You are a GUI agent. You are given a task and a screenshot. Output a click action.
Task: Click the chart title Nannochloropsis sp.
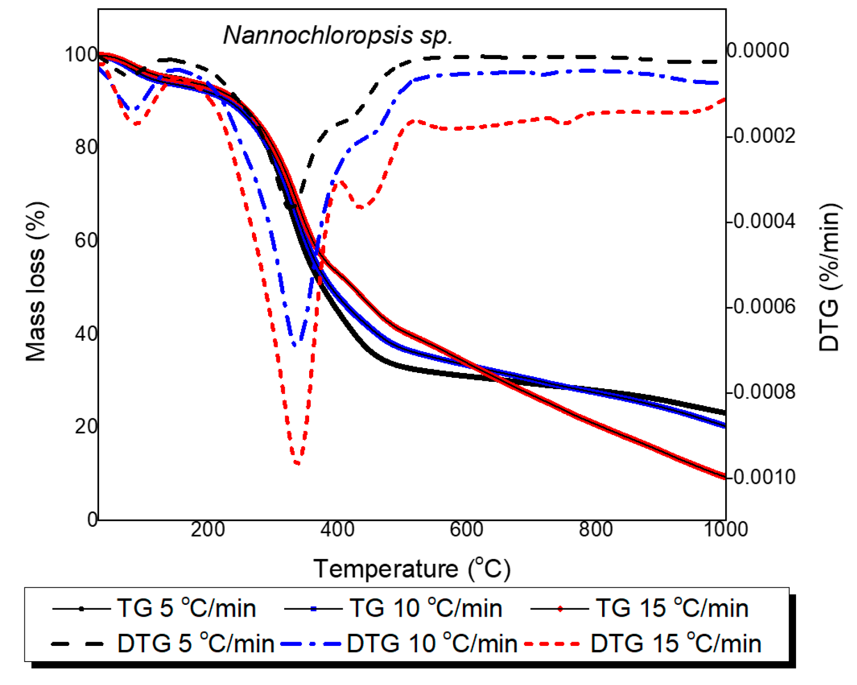338,35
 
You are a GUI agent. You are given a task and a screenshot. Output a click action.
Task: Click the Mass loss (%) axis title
36,281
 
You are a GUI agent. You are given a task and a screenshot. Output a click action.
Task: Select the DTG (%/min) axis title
829,277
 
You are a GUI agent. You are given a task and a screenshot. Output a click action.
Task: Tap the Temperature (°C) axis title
412,569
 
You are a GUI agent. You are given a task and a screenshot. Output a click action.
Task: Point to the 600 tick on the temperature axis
466,529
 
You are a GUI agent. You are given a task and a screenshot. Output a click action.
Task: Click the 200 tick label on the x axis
208,529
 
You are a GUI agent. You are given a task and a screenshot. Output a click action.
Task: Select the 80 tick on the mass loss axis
86,147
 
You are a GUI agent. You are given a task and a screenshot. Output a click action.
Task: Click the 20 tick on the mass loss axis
86,427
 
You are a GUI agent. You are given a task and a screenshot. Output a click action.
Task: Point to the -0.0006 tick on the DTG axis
761,307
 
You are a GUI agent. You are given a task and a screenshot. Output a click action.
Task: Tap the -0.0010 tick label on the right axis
761,477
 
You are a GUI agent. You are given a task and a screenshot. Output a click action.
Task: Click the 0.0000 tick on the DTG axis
758,50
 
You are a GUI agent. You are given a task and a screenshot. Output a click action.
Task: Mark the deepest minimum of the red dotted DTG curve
297,463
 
